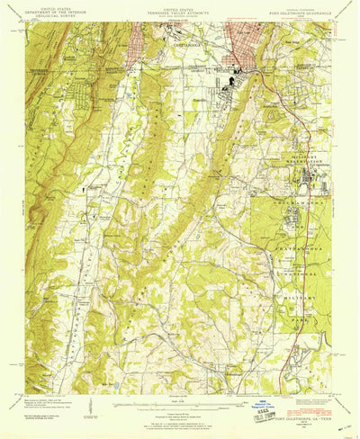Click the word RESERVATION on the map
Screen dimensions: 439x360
coord(301,162)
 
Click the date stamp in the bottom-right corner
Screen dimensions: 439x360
coord(338,406)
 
